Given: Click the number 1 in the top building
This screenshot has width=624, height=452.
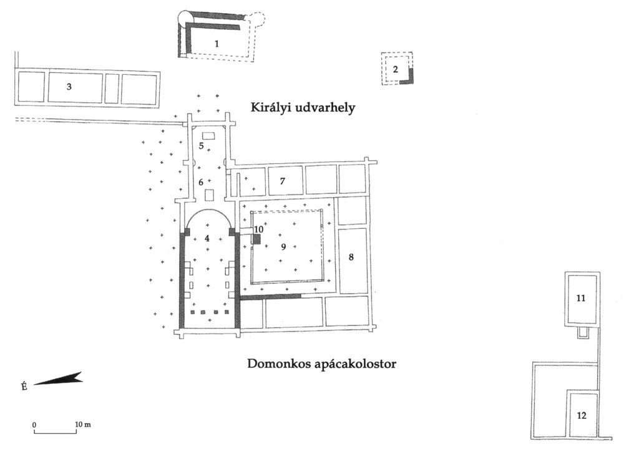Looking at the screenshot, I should (x=217, y=44).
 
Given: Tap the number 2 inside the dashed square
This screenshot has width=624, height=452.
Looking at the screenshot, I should (x=395, y=69).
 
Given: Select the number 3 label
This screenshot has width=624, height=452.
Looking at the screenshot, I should (x=69, y=87).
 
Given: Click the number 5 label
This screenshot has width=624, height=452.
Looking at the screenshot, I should (x=202, y=146).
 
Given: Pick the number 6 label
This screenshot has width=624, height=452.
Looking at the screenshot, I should (x=201, y=182).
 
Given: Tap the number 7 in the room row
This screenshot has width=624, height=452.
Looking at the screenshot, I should (x=282, y=181).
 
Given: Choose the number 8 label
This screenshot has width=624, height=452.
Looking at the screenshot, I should (x=351, y=257).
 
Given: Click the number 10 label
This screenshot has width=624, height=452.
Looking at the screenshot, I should (x=258, y=229).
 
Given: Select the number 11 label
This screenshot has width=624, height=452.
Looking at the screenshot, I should (x=580, y=299).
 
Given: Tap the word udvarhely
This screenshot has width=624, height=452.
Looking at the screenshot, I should (x=326, y=108).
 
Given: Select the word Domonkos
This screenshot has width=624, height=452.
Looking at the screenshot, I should (x=275, y=363).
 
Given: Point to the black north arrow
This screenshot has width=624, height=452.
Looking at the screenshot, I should (x=58, y=379).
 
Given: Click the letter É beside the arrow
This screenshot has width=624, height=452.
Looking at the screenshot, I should (x=24, y=387).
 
